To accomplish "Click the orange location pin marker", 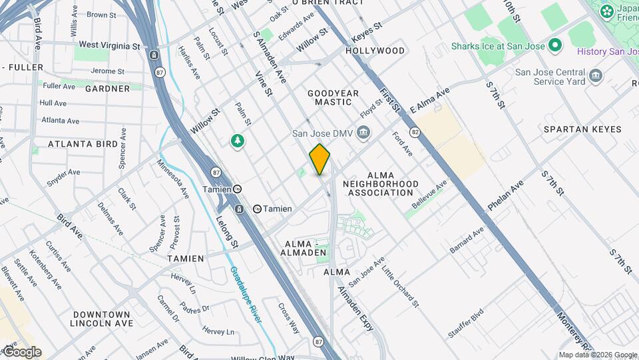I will coord(320,159).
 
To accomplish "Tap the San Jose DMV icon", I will coord(363,133).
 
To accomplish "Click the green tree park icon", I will coord(238,141).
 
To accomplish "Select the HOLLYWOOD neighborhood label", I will coord(375,51).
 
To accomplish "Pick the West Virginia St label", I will coord(109,45).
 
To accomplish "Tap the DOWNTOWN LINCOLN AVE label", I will coord(102,319).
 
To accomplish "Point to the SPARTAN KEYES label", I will coord(582,129).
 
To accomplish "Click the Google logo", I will coord(21,352).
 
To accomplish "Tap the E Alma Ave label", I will coord(430,100).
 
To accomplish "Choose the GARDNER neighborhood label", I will coord(107,88).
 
